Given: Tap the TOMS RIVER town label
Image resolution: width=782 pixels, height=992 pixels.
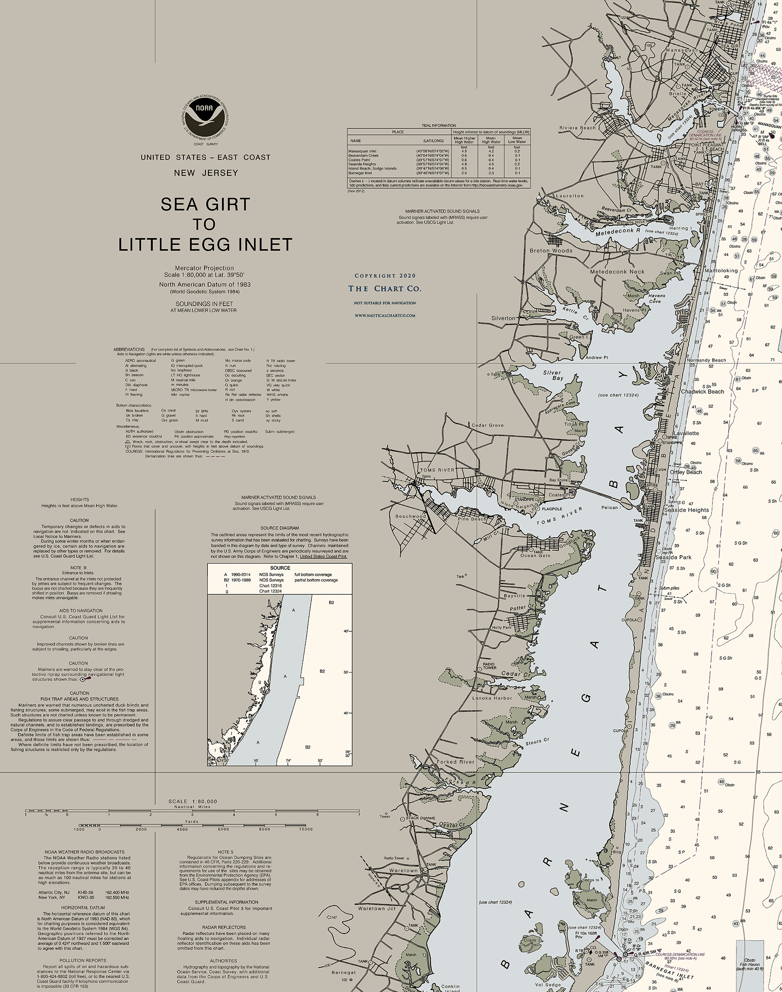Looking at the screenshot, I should [x=437, y=470].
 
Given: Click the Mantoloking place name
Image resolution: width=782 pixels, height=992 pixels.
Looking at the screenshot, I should [x=721, y=270].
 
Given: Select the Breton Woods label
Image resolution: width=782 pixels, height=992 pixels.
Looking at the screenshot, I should [x=551, y=251].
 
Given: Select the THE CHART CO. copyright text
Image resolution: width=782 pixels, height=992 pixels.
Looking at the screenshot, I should [x=384, y=289].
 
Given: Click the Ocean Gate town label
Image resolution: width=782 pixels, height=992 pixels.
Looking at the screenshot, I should [x=535, y=555].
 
